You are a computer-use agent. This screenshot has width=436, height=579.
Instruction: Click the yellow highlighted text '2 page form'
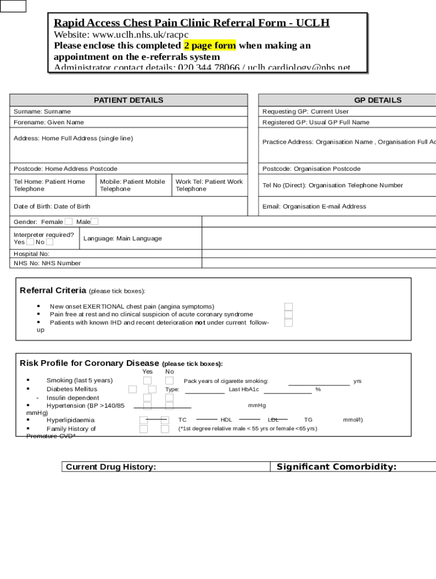[210, 45]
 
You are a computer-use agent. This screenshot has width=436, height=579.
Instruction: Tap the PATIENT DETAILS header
[129, 100]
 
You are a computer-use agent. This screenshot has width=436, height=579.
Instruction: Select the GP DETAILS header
[378, 100]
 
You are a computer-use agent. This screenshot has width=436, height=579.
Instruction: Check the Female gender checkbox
[69, 222]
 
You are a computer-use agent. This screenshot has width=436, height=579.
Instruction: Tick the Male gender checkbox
[95, 222]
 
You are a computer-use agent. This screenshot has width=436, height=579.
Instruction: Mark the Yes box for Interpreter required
[30, 242]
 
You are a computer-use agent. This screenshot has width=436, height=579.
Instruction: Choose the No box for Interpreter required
[50, 242]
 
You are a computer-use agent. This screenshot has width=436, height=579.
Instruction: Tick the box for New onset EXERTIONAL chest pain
[289, 306]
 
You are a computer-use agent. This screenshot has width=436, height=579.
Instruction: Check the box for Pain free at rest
[289, 314]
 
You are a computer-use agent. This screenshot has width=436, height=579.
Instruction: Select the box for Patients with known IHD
[289, 322]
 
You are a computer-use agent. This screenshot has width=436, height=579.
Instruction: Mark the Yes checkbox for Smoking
[147, 381]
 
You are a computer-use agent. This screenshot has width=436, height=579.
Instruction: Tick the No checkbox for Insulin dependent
[169, 398]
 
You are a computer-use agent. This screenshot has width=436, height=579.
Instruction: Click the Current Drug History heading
[111, 467]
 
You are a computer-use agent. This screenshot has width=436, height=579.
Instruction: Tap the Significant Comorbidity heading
[336, 467]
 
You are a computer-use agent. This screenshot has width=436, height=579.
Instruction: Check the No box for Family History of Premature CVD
[165, 429]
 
